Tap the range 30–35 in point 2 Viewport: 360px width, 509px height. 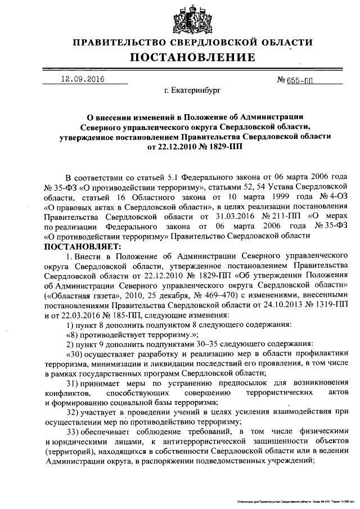pyautogui.click(x=188, y=344)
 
